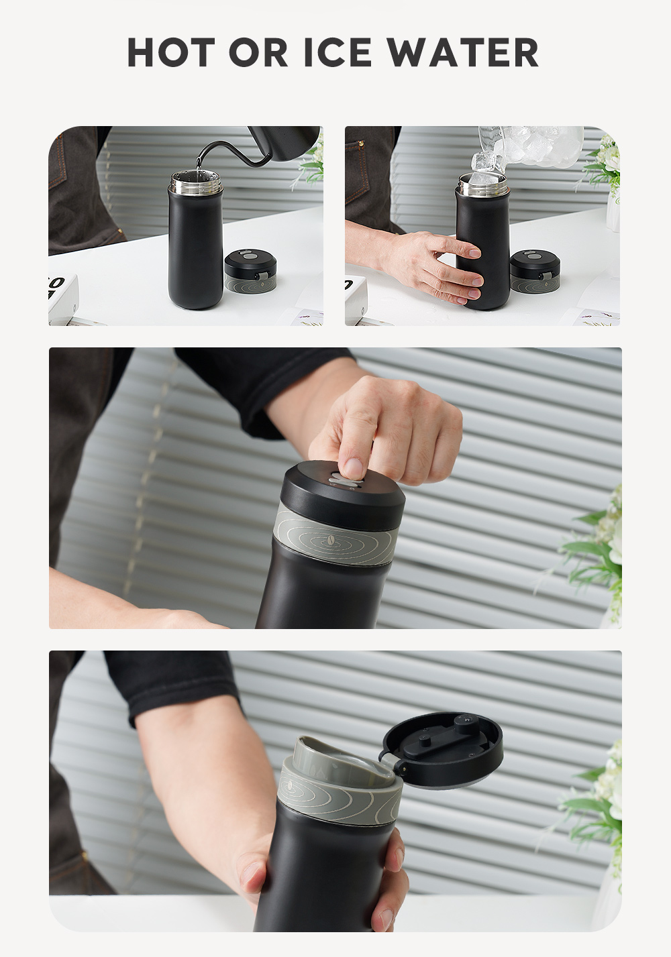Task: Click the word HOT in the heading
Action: click(x=171, y=52)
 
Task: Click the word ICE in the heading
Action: click(x=338, y=52)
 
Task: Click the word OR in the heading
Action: click(x=258, y=52)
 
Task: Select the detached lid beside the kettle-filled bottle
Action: click(x=250, y=272)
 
